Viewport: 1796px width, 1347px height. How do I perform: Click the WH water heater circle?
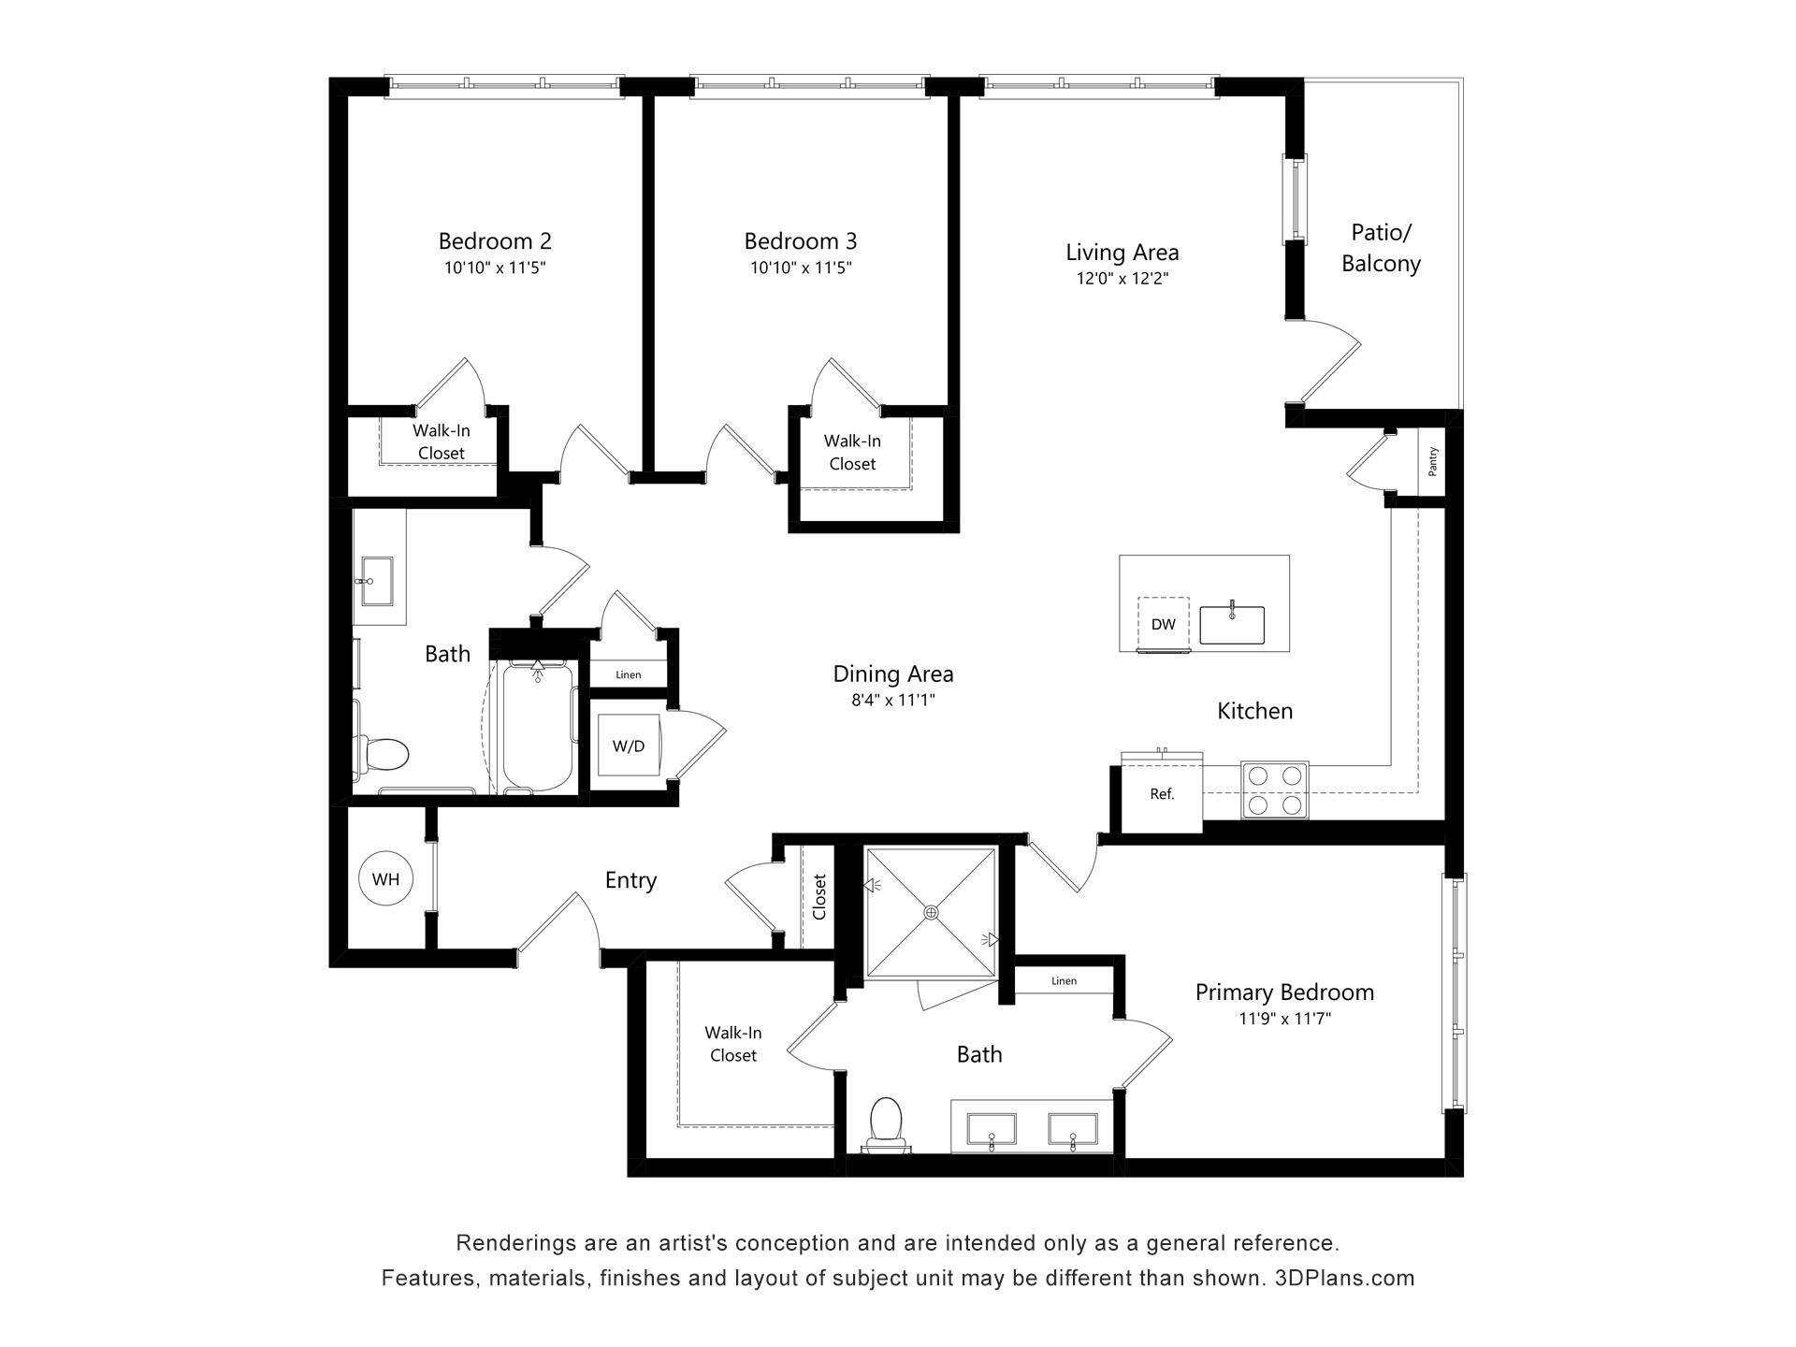click(385, 878)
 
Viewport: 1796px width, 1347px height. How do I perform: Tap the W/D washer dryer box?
click(628, 746)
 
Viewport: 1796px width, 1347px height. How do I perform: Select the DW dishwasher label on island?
click(1163, 624)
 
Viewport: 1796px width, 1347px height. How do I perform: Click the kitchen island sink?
click(1232, 625)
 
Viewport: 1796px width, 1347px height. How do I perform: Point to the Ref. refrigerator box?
click(1162, 794)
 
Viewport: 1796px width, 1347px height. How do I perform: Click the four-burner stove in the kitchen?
click(1274, 789)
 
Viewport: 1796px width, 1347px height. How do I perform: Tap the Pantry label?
click(1432, 461)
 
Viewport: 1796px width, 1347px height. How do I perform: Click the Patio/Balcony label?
click(1381, 248)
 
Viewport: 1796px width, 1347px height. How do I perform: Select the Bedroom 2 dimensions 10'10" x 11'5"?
click(495, 268)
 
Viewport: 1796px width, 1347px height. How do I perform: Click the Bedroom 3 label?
click(800, 241)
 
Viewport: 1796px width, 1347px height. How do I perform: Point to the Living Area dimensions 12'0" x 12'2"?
click(1122, 279)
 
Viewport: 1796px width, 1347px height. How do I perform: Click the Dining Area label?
click(892, 673)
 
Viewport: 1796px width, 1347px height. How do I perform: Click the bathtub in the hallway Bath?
click(537, 726)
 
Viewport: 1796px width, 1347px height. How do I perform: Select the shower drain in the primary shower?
click(931, 912)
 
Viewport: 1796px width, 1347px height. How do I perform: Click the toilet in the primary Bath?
click(885, 1122)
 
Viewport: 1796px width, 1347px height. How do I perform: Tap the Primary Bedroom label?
click(1284, 992)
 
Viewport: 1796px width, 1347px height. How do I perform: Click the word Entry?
click(630, 880)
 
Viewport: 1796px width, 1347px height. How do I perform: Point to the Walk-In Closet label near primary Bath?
click(732, 1044)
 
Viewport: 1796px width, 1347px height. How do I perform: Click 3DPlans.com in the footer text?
click(1344, 1278)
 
